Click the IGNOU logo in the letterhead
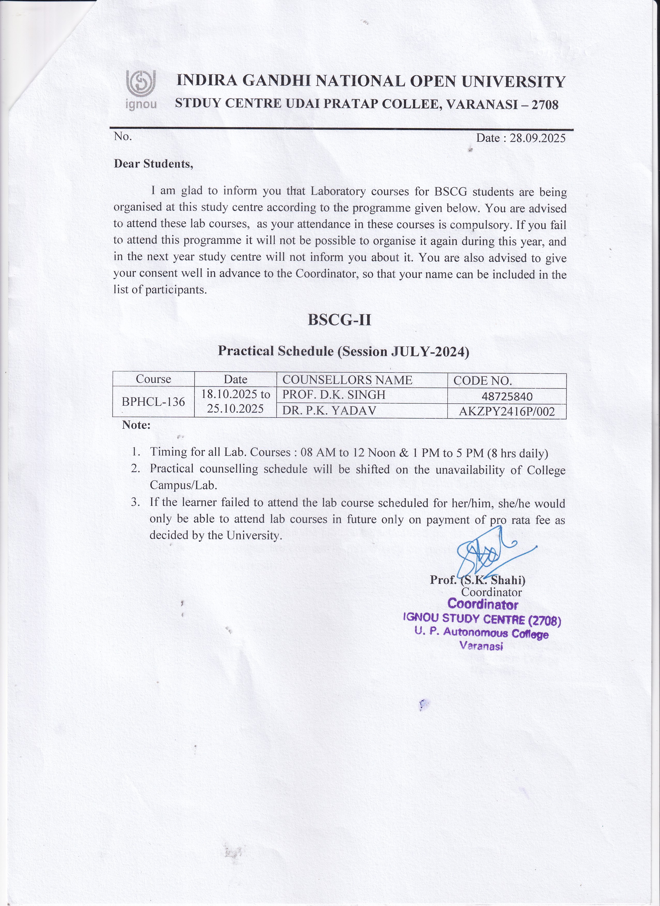coord(141,90)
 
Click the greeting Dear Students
coord(153,164)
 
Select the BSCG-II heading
coord(339,320)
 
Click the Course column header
coord(153,379)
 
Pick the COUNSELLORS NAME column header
coord(347,380)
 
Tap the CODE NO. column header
coord(482,381)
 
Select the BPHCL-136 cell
coord(153,402)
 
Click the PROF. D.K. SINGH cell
coord(334,395)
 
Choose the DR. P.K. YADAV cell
coord(329,411)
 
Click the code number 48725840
coord(507,397)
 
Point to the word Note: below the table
coord(136,425)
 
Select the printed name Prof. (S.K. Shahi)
coord(477,580)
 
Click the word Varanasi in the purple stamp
coord(481,646)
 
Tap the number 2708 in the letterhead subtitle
coord(545,105)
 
